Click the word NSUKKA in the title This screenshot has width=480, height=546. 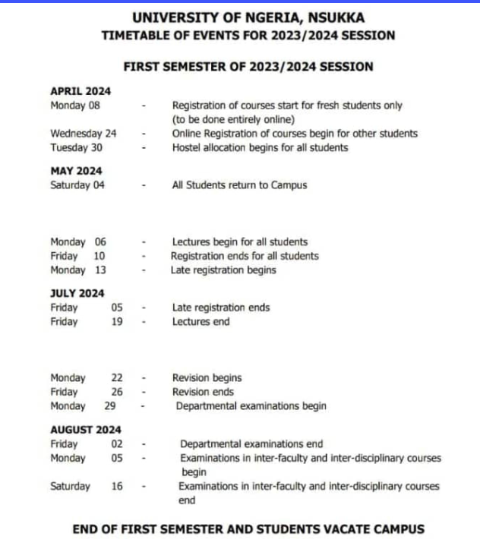pyautogui.click(x=332, y=17)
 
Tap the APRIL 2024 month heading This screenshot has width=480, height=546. pyautogui.click(x=80, y=92)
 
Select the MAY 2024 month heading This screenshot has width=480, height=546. pyautogui.click(x=76, y=171)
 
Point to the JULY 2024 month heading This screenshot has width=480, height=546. pyautogui.click(x=77, y=294)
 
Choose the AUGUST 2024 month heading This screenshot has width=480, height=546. pyautogui.click(x=85, y=430)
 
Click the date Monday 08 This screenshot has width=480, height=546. pyautogui.click(x=75, y=106)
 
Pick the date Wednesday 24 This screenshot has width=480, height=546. pyautogui.click(x=84, y=134)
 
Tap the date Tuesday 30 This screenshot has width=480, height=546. pyautogui.click(x=76, y=148)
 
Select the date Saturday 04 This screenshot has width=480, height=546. pyautogui.click(x=77, y=185)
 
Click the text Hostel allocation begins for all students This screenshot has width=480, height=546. pyautogui.click(x=260, y=148)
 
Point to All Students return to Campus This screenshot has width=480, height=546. pyautogui.click(x=239, y=185)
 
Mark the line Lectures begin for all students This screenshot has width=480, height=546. pyautogui.click(x=239, y=242)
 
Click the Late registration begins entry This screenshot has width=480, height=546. pyautogui.click(x=223, y=270)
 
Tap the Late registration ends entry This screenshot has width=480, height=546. pyautogui.click(x=220, y=308)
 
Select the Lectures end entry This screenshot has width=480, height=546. pyautogui.click(x=201, y=322)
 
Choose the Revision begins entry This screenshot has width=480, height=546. pyautogui.click(x=207, y=378)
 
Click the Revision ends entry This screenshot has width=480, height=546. pyautogui.click(x=203, y=392)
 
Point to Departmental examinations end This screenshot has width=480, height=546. pyautogui.click(x=251, y=444)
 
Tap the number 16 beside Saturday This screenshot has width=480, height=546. pyautogui.click(x=117, y=487)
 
